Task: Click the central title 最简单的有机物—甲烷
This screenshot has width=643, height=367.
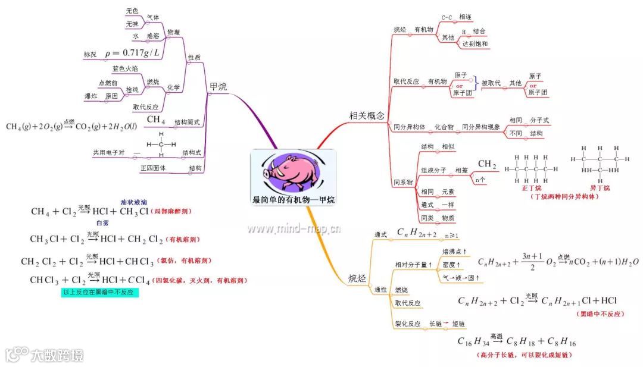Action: [x=293, y=200]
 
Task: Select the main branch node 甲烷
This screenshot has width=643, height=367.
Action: [x=218, y=87]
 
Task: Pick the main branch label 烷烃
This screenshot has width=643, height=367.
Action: [x=358, y=278]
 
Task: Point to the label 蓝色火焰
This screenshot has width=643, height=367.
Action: [x=124, y=68]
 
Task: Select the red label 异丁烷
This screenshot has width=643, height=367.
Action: [x=598, y=188]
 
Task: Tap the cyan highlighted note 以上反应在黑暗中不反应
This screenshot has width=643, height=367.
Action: [x=100, y=293]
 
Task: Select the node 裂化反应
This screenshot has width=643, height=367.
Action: [x=408, y=324]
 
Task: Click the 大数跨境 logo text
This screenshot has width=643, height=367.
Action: [x=57, y=355]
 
